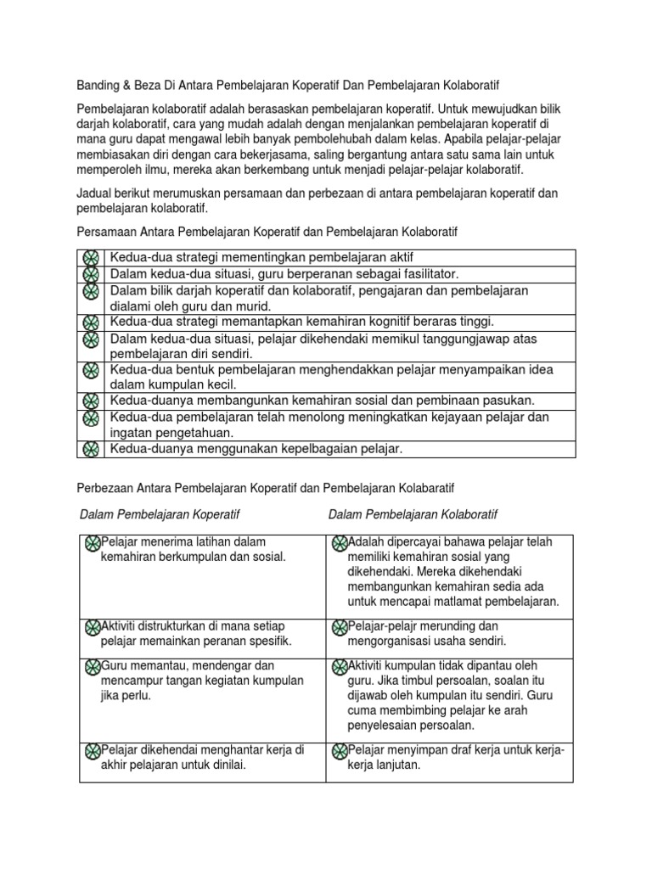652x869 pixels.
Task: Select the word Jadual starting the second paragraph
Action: (x=96, y=193)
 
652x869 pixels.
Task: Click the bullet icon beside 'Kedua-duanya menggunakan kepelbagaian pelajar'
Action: (x=90, y=449)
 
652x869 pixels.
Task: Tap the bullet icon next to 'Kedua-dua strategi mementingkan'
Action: (x=90, y=258)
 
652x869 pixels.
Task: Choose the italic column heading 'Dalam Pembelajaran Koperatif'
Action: (x=160, y=515)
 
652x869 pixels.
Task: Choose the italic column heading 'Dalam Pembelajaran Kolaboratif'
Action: (x=413, y=515)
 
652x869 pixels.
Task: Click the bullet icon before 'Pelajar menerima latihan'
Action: (x=93, y=542)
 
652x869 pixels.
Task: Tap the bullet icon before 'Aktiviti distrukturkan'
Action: (x=93, y=626)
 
